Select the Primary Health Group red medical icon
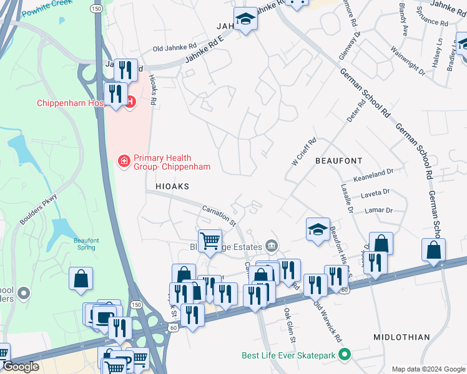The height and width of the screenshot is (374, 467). click(123, 162)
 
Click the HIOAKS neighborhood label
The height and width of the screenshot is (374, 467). click(168, 186)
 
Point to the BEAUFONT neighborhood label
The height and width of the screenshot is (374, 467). click(338, 161)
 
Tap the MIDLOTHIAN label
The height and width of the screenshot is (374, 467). click(401, 337)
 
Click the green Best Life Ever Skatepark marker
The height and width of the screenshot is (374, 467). click(343, 356)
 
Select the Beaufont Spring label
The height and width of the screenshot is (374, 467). click(78, 244)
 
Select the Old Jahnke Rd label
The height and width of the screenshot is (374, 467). click(175, 47)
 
